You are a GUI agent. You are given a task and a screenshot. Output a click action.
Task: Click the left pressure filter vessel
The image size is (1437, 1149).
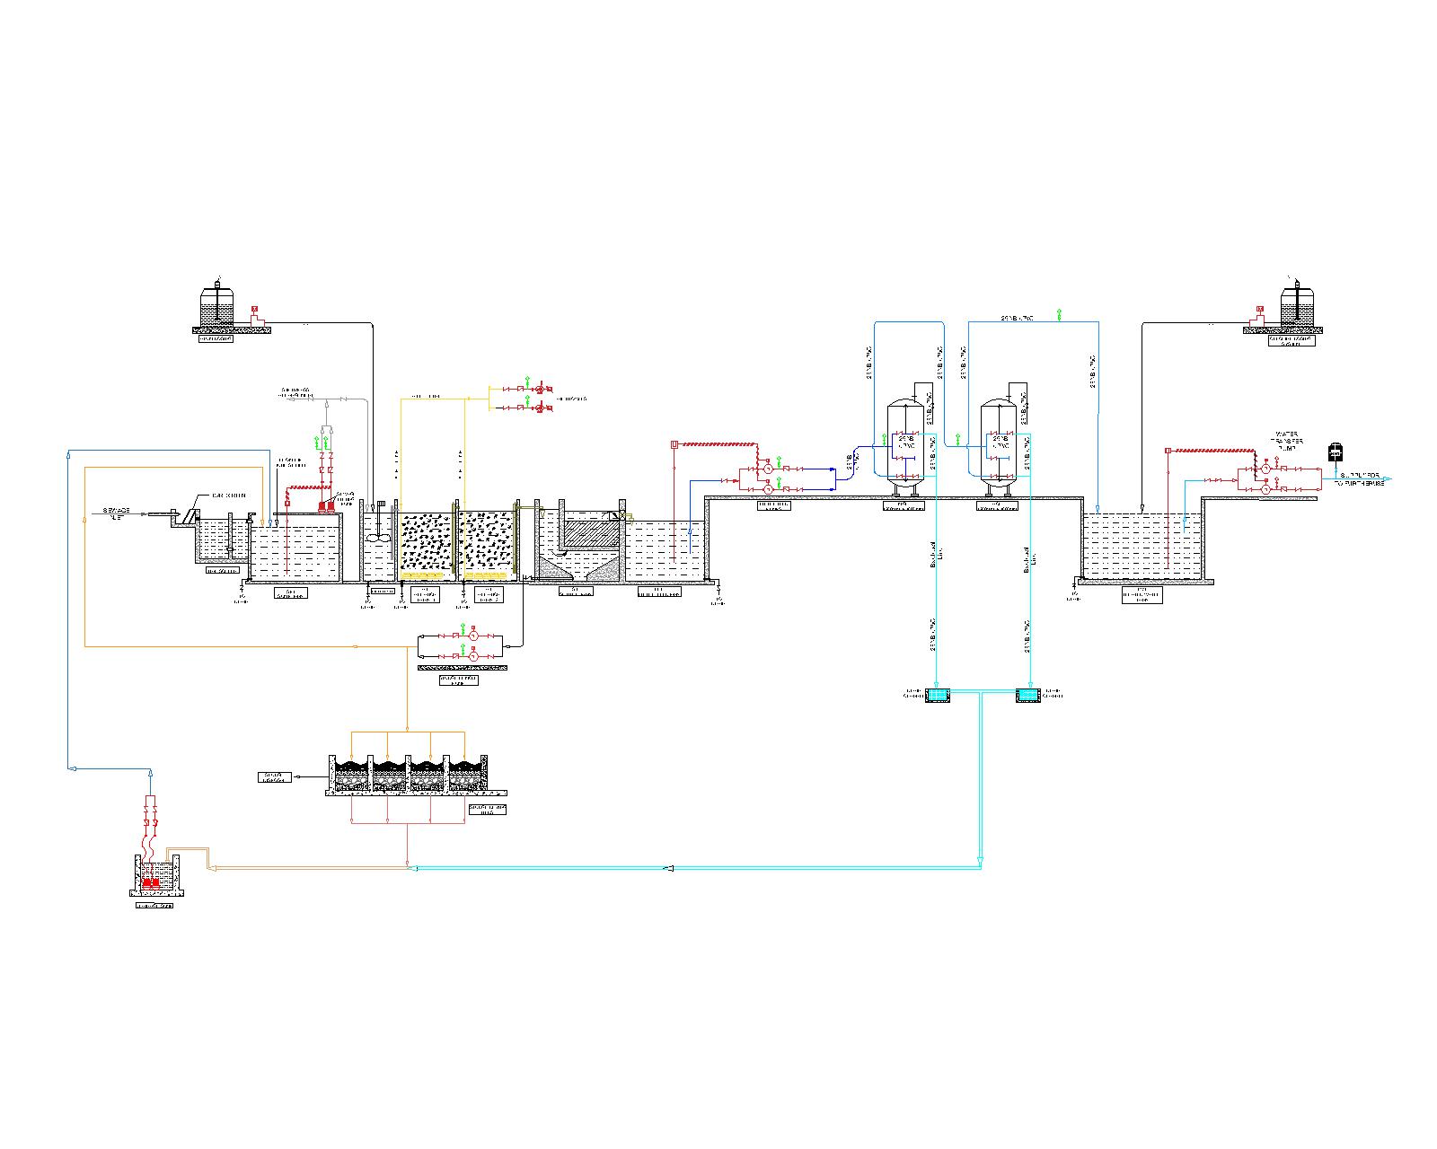907,444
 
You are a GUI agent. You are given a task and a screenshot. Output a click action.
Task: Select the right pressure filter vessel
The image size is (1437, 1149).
998,444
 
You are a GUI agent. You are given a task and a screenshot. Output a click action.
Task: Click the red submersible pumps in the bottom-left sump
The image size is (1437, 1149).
151,883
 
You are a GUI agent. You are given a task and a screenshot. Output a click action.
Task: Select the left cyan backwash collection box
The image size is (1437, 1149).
938,695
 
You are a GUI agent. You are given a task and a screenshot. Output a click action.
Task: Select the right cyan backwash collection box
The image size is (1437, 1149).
1027,695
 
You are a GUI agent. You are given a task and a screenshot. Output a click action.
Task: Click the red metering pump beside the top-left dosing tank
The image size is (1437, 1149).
255,313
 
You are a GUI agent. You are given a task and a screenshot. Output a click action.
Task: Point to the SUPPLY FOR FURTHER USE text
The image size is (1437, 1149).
1362,479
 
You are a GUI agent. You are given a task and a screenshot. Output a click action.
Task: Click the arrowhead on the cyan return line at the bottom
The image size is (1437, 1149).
668,868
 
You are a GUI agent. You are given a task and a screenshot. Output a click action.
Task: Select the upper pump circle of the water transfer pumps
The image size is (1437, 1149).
1265,469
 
